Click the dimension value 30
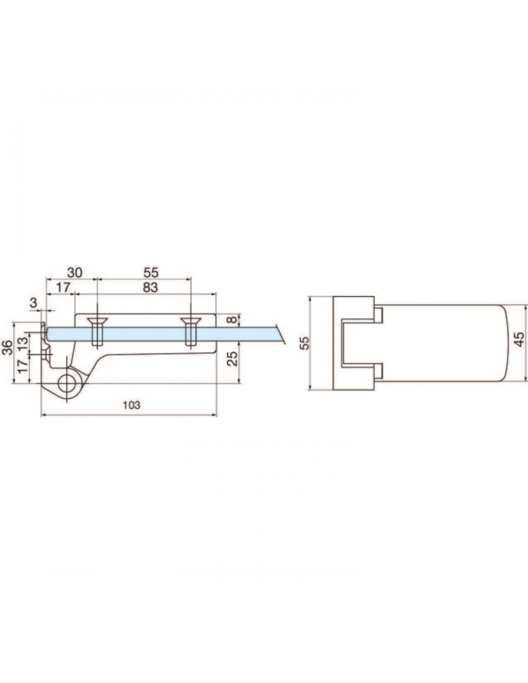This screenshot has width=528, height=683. [75, 272]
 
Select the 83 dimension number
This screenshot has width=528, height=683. [150, 288]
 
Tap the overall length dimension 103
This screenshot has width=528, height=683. [132, 405]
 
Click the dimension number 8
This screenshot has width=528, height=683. [231, 320]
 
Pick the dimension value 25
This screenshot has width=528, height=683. [233, 358]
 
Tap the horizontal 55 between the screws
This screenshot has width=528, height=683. [151, 272]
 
